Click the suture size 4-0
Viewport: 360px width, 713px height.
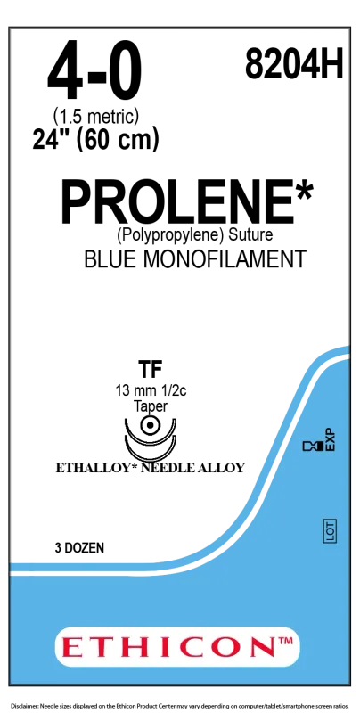click(x=94, y=72)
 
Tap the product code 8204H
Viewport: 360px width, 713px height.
click(x=293, y=64)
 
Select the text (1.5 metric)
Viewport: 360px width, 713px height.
click(x=96, y=119)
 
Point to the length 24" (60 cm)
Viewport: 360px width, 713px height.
click(x=96, y=139)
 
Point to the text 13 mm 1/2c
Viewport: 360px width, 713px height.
click(x=151, y=392)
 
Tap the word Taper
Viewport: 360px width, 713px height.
click(x=151, y=407)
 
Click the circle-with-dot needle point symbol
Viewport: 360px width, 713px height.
click(x=150, y=427)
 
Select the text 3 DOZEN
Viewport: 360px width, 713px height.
click(x=79, y=548)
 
